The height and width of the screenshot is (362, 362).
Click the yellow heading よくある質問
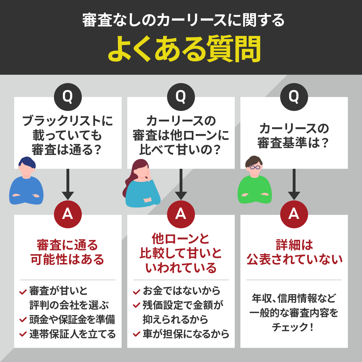(184, 49)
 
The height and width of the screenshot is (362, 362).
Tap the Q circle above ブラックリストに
(68, 97)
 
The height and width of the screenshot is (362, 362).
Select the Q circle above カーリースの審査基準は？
(294, 97)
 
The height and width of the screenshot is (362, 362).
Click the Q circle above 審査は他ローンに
(181, 97)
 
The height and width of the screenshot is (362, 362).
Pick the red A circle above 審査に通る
(68, 214)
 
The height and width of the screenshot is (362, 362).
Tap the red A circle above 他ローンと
(181, 214)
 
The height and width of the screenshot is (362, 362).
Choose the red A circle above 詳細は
(294, 214)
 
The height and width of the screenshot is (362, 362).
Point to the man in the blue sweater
(26, 182)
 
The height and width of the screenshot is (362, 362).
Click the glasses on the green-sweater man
(255, 167)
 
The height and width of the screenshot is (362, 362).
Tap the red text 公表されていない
(294, 259)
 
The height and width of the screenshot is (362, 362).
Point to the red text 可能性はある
(68, 259)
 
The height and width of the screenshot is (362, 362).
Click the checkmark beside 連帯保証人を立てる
(23, 334)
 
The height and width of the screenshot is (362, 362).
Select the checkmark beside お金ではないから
(137, 291)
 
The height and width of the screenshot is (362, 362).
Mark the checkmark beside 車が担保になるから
(137, 334)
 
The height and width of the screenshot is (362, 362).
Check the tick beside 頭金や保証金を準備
(23, 320)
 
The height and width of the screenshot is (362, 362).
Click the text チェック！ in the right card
(293, 327)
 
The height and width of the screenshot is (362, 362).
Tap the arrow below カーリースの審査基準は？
(294, 185)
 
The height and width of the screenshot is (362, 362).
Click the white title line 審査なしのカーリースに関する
(183, 20)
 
